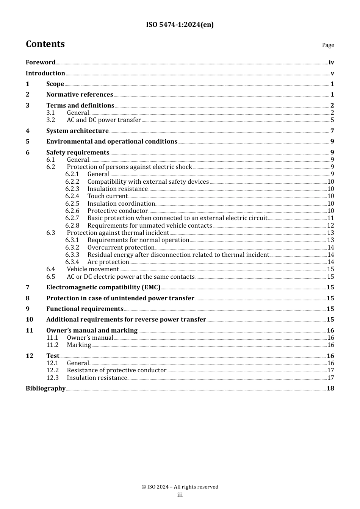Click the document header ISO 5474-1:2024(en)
(x=180, y=25)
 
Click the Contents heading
(x=45, y=44)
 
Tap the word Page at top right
(x=328, y=45)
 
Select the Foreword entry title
(x=41, y=62)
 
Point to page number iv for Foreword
(x=331, y=62)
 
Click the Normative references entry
(x=80, y=94)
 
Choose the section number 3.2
(x=51, y=120)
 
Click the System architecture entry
(x=77, y=131)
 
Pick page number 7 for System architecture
(x=332, y=131)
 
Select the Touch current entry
(x=107, y=196)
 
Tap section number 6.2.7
(x=72, y=218)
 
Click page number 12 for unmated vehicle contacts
(x=330, y=226)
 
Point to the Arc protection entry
(x=108, y=262)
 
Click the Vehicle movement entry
(x=93, y=269)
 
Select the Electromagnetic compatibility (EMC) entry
(x=103, y=287)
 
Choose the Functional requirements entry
(x=85, y=309)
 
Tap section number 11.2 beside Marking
(x=52, y=345)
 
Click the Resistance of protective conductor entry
(x=116, y=370)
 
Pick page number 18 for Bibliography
(x=330, y=389)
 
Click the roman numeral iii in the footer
(x=180, y=495)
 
